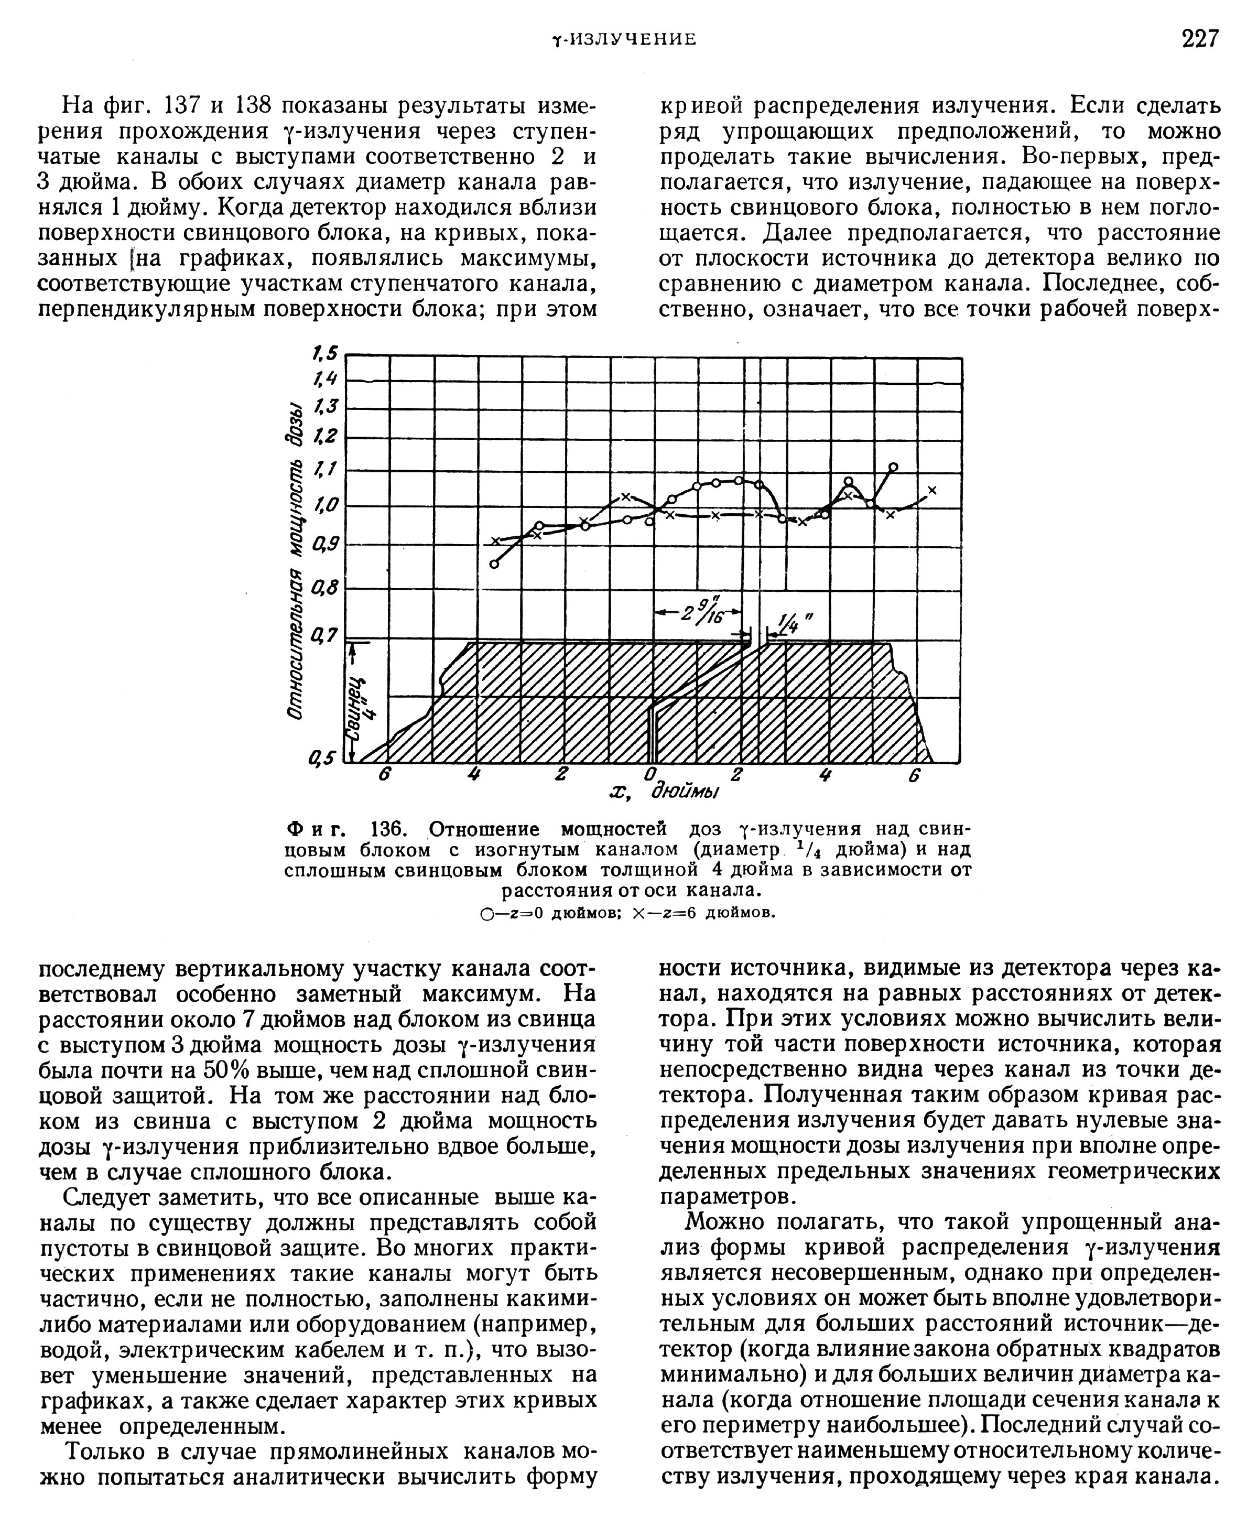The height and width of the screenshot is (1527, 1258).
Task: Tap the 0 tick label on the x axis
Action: tap(650, 774)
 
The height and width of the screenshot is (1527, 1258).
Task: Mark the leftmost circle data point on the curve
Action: tap(494, 564)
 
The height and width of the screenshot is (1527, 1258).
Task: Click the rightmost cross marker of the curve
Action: tap(932, 490)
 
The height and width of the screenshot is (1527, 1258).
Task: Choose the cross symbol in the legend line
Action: tap(638, 913)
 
